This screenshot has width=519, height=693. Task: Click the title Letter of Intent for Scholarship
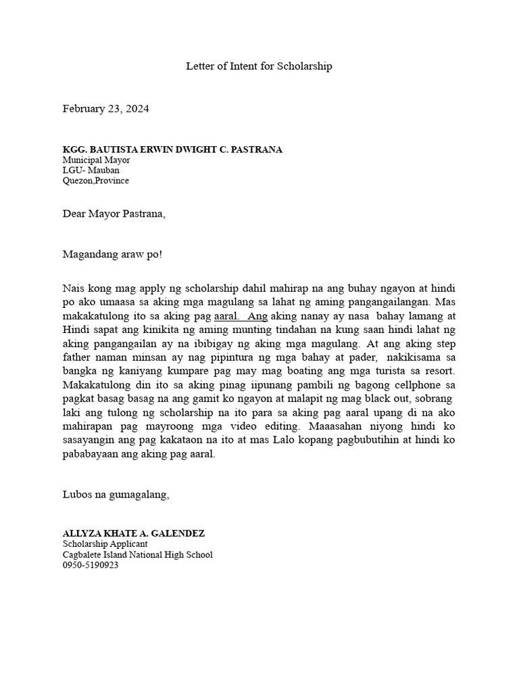tap(259, 67)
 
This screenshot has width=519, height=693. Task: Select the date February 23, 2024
tap(105, 109)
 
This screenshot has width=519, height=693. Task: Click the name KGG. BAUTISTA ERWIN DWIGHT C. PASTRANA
tap(172, 150)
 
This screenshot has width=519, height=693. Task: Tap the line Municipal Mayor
tap(96, 160)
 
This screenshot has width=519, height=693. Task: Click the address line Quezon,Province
tap(96, 181)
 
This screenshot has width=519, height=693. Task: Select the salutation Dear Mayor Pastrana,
tap(114, 215)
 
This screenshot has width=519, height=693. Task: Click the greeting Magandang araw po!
tap(112, 255)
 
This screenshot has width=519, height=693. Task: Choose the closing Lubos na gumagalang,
tap(116, 495)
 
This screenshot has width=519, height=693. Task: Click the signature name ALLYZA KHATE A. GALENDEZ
tap(133, 534)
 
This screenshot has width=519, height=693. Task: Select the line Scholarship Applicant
tap(105, 544)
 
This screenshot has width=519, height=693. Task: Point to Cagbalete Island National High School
tap(137, 555)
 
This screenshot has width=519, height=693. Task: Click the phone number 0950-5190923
tap(91, 565)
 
